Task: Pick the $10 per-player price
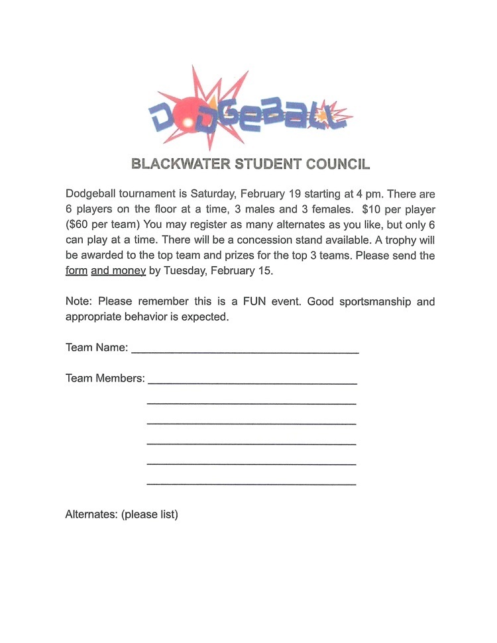tap(371, 209)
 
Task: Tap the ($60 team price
tap(79, 224)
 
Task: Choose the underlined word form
tap(76, 270)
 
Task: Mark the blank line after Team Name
tap(245, 352)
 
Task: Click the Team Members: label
tap(105, 379)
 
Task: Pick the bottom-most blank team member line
tap(251, 484)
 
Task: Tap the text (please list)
tap(150, 514)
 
